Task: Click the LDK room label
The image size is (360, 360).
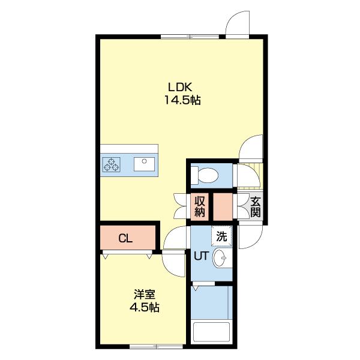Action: coord(180,88)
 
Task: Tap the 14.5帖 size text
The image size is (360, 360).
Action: coord(182,100)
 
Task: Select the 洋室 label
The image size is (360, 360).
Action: coord(145,295)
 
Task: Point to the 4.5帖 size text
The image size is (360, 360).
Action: coord(145,307)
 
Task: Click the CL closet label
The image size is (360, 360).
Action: coord(125,239)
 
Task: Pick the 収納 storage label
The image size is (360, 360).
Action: coord(200,207)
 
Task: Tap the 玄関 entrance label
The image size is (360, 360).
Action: coord(256,208)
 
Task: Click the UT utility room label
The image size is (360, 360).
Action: coord(202,256)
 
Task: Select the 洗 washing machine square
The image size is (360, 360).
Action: coord(221,236)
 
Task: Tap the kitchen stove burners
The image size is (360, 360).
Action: coord(112,164)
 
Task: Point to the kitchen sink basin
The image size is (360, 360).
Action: coord(144,164)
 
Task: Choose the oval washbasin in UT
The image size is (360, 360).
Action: coord(220,258)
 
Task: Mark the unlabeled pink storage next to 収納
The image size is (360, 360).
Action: coord(223,207)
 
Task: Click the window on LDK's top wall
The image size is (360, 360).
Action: coord(190,37)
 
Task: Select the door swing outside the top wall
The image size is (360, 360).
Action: coord(238,24)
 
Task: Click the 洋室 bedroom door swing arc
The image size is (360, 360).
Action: coord(173,264)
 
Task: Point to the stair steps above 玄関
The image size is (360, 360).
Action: coord(250,175)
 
